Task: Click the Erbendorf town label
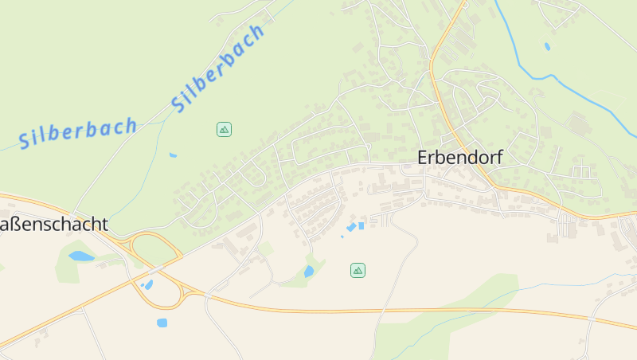(460, 158)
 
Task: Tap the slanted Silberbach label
(217, 68)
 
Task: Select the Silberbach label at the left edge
(78, 133)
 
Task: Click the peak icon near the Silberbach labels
(224, 128)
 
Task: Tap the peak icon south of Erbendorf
(358, 270)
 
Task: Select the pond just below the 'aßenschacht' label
(80, 256)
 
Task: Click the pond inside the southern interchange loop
(147, 284)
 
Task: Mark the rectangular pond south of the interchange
(162, 323)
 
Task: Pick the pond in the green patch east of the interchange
(309, 272)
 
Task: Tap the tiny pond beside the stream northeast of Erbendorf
(547, 46)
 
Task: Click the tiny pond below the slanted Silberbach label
(173, 155)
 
